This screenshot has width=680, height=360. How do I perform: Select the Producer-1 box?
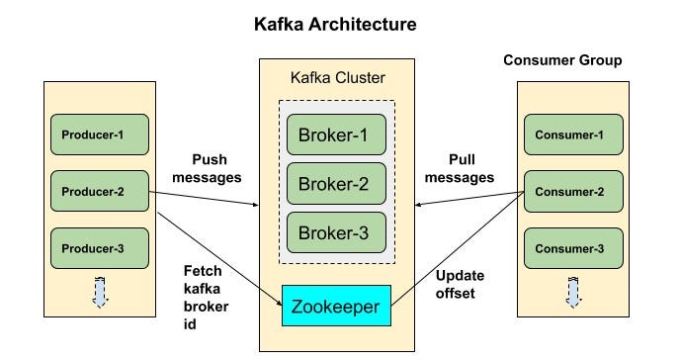coord(99,135)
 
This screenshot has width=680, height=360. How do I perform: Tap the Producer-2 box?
coord(99,191)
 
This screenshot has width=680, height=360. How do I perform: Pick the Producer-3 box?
coord(99,248)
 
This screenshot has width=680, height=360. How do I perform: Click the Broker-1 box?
coord(336,135)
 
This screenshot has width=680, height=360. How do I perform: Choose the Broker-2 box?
coord(336,183)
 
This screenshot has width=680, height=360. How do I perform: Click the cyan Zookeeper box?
coord(336,307)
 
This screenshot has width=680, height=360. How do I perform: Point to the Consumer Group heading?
coord(562,60)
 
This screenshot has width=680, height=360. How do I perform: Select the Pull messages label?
coord(464,167)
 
